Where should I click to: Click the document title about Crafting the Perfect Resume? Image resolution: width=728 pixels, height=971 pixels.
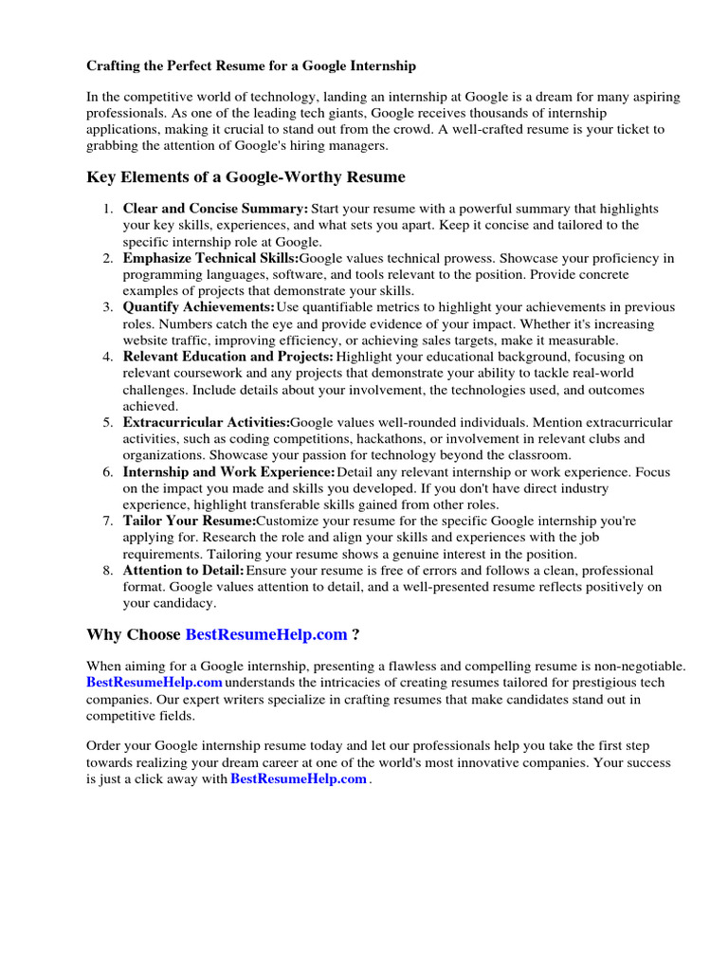point(251,66)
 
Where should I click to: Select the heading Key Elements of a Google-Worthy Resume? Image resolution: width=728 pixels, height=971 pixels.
point(246,177)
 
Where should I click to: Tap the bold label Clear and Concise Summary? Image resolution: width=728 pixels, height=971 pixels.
point(215,209)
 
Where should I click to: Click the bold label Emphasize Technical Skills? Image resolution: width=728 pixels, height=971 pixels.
point(210,258)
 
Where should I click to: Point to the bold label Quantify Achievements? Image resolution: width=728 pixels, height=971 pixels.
point(198,307)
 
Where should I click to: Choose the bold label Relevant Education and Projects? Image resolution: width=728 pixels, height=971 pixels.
point(227,357)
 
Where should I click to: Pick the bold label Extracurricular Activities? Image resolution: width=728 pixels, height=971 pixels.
point(206,422)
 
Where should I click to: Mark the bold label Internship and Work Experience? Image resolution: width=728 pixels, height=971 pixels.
point(228,471)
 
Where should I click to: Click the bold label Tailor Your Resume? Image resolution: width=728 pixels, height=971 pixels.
point(189,521)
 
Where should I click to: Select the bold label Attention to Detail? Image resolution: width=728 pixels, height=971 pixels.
point(183,570)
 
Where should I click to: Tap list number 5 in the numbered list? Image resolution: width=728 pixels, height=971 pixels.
point(109,422)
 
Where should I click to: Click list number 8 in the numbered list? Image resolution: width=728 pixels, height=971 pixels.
point(109,570)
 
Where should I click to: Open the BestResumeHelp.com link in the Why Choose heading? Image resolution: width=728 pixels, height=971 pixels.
point(266,634)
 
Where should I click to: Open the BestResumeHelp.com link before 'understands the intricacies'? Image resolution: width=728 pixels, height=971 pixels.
point(155,683)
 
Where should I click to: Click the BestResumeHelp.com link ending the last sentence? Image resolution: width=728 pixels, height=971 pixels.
point(299,779)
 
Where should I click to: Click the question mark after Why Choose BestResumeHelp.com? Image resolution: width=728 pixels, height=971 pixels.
point(355,634)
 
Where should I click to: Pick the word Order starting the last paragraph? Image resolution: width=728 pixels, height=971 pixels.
point(105,746)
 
